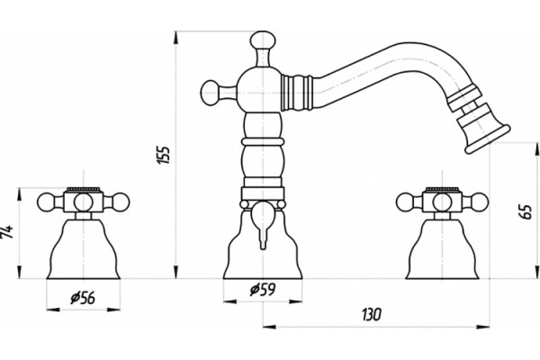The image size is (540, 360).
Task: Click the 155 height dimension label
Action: coord(165,155)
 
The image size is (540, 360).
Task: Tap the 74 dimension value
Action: coord(7,232)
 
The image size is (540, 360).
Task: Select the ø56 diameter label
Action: coord(83,298)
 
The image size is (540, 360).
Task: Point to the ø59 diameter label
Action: coord(263,290)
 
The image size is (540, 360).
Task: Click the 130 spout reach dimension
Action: coord(372,314)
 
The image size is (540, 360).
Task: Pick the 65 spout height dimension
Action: coord(526,211)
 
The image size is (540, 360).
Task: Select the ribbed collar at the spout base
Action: coord(296,93)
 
